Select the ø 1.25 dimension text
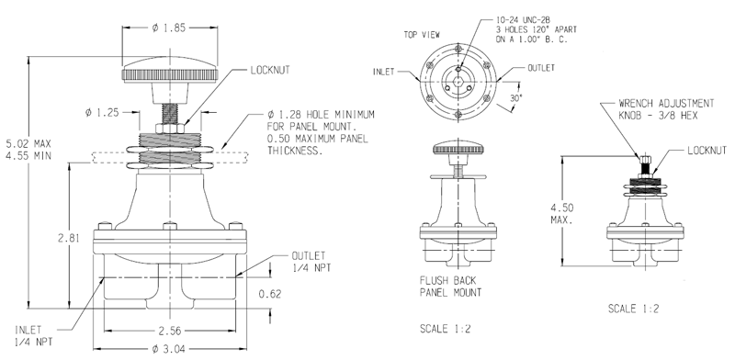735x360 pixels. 103,113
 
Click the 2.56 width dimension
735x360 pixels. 170,330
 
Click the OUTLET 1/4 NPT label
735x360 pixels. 311,261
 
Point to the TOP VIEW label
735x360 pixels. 398,34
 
